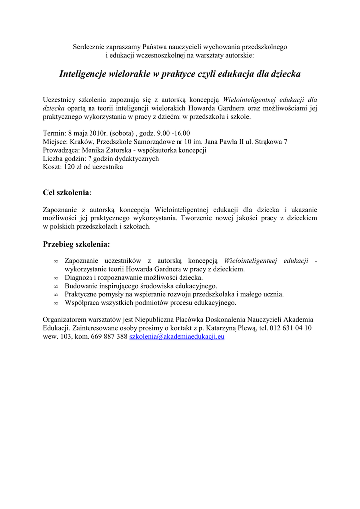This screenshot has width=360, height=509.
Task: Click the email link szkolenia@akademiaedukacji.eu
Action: (x=177, y=337)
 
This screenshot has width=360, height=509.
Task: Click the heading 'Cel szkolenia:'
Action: (x=67, y=192)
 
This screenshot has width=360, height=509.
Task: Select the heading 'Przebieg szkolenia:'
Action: (x=77, y=244)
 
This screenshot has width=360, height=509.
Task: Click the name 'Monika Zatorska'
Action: (x=105, y=150)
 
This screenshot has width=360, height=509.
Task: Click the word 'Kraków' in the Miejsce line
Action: (x=80, y=142)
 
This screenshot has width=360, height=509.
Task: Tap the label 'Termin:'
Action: (x=54, y=133)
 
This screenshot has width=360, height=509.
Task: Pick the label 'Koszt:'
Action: (x=52, y=167)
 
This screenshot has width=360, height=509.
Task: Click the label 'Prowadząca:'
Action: (x=61, y=150)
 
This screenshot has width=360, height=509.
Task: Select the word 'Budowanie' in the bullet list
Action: (x=80, y=286)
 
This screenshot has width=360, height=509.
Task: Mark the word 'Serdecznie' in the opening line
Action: (x=90, y=47)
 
